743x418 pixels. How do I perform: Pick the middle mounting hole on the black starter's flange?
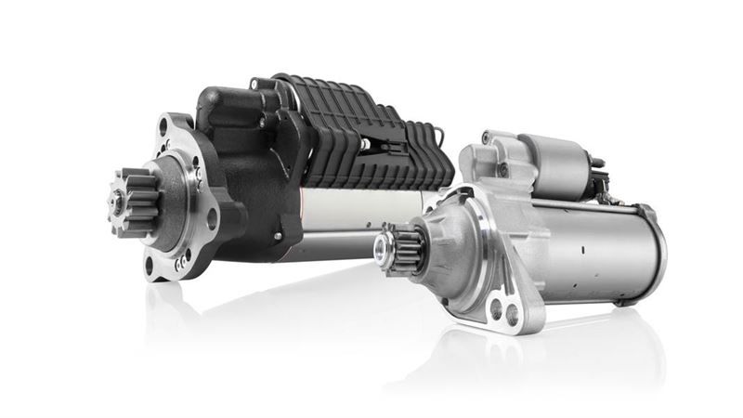[212, 220]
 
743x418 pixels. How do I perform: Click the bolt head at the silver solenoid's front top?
[486, 138]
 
